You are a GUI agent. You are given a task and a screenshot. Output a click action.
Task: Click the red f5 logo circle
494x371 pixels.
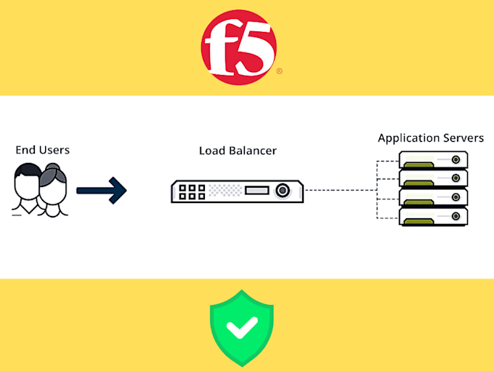coord(239,47)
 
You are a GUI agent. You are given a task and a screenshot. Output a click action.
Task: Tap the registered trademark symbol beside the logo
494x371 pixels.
coord(280,71)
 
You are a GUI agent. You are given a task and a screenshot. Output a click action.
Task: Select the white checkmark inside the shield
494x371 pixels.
coord(241,327)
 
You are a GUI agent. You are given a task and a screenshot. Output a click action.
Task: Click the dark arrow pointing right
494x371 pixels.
coord(102,191)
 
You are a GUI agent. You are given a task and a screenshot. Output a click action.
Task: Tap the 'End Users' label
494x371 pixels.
coord(43,150)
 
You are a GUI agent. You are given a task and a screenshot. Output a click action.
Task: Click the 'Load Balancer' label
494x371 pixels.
coord(238,151)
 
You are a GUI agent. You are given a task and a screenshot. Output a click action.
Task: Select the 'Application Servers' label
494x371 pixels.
coord(431,137)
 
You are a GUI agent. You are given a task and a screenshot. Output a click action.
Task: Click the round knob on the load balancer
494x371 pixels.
coord(283,191)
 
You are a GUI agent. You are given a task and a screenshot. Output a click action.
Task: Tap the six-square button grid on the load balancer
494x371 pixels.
coord(193,191)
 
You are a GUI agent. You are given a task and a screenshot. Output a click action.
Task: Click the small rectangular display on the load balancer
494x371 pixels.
coord(256,191)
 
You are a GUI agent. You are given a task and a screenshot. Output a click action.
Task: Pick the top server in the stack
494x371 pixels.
coord(434,160)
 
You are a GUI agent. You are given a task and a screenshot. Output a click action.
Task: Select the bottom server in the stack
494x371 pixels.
coord(434,216)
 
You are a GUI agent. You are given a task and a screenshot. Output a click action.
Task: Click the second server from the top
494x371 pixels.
coord(434,179)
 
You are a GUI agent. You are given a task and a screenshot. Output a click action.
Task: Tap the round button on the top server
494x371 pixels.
coord(456,160)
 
